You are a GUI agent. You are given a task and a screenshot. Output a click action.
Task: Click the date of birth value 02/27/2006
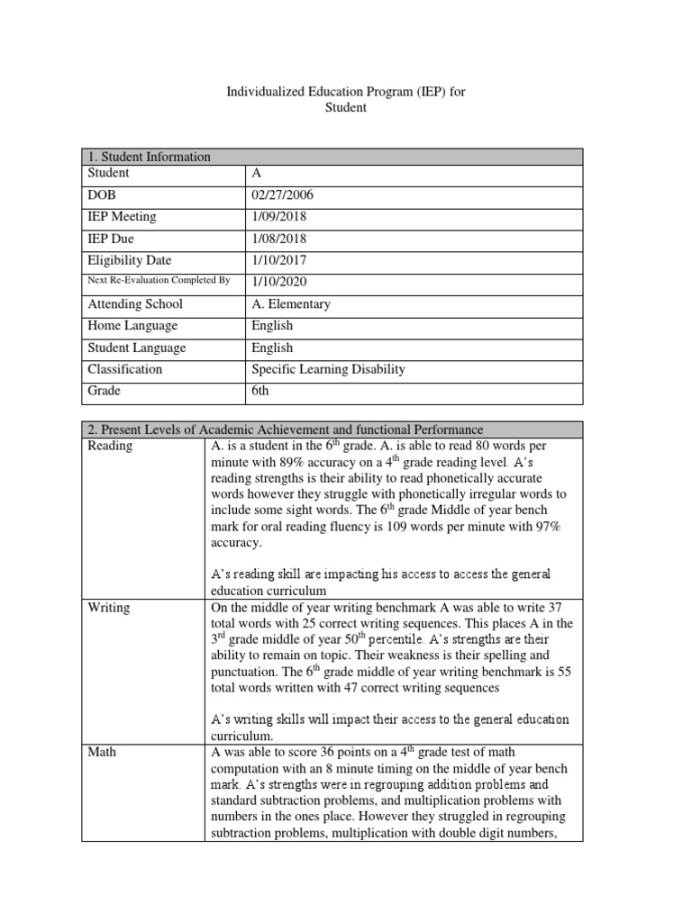tap(283, 194)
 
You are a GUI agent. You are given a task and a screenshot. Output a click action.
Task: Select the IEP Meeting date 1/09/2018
tap(279, 216)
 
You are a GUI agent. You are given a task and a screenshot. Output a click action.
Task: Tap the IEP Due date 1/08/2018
tap(279, 239)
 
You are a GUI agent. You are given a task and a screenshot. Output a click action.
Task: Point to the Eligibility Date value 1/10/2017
tap(279, 260)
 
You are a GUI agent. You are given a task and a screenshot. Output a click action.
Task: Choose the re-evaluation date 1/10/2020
tap(279, 282)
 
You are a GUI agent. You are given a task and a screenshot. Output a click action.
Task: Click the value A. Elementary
tap(291, 303)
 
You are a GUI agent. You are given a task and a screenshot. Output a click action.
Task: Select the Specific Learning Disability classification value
tap(328, 369)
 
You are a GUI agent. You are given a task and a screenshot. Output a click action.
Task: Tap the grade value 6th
tap(260, 391)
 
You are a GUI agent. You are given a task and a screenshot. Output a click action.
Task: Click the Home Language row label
tap(132, 326)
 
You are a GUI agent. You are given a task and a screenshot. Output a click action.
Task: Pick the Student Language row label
tap(136, 348)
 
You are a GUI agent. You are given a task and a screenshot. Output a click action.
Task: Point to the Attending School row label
tap(135, 303)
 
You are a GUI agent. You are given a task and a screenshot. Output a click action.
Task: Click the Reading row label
tap(110, 446)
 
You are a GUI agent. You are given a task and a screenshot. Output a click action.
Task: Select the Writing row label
tap(109, 608)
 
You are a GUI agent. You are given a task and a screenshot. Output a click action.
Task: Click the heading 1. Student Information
tap(150, 157)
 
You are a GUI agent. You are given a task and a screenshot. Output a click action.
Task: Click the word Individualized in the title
tap(263, 92)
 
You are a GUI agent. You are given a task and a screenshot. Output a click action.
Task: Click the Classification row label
tap(125, 369)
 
